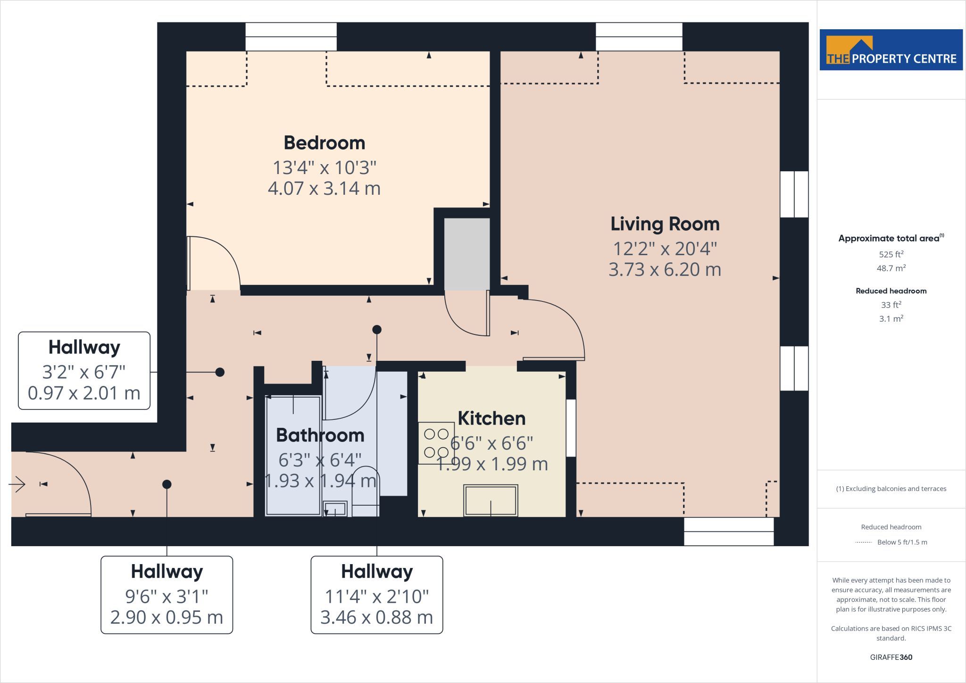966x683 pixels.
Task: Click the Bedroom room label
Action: (x=325, y=143)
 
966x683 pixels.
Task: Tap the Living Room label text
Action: (x=665, y=224)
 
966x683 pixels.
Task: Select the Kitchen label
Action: (x=491, y=418)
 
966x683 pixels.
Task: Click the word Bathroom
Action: (x=320, y=435)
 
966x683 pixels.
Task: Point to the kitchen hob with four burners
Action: (x=436, y=443)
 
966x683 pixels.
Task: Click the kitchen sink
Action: (x=491, y=500)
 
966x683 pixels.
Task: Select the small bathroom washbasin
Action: (x=335, y=509)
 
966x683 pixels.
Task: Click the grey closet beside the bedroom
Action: (x=467, y=254)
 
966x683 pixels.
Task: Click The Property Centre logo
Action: (x=891, y=50)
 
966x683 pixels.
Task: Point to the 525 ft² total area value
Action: (x=891, y=254)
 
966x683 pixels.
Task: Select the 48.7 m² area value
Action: (x=891, y=268)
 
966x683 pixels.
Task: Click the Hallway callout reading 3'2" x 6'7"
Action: (x=84, y=371)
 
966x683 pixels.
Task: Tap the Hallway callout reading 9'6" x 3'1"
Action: (x=167, y=595)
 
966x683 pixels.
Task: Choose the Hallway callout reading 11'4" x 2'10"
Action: (x=377, y=595)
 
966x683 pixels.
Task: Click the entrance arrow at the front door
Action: (x=17, y=484)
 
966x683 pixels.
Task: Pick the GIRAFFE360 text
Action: (x=891, y=657)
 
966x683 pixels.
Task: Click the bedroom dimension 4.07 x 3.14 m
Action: (x=325, y=188)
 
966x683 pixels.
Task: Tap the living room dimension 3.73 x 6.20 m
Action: (x=665, y=269)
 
